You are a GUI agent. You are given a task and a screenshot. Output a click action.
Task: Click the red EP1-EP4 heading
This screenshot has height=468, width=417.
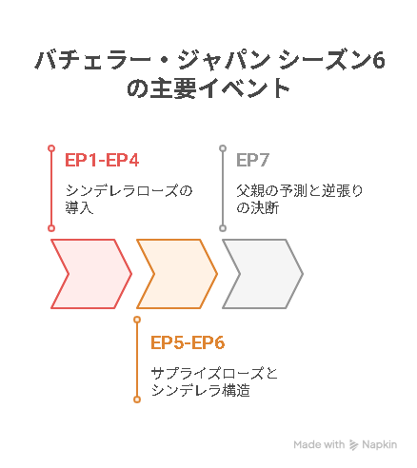click(x=102, y=160)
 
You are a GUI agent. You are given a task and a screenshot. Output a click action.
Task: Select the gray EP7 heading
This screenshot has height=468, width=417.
click(x=253, y=160)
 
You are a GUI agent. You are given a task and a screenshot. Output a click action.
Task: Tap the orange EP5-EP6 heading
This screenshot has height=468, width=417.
click(x=188, y=342)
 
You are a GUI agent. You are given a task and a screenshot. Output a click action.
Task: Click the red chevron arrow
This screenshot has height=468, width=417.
click(x=91, y=274)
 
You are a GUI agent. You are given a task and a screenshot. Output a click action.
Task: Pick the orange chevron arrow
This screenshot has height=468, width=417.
click(x=177, y=274)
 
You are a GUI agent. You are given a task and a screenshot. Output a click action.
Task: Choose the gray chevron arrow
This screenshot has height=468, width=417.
click(x=263, y=274)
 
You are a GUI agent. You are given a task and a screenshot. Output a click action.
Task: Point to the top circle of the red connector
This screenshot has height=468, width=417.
click(x=51, y=148)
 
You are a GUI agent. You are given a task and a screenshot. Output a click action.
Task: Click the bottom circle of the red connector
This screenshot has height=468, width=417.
click(x=51, y=228)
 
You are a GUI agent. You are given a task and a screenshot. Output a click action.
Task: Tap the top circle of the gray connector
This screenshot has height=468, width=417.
click(x=223, y=148)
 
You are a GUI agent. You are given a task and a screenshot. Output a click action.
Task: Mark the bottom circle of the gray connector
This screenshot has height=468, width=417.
click(x=223, y=228)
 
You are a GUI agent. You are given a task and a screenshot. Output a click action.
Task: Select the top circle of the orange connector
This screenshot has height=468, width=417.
click(x=137, y=320)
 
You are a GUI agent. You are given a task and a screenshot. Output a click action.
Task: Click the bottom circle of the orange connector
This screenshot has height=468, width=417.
click(x=137, y=400)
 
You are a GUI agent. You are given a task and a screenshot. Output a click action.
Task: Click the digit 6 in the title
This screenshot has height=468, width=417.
click(x=379, y=60)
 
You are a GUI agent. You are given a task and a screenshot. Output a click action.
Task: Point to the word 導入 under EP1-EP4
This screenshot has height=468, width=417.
click(x=79, y=208)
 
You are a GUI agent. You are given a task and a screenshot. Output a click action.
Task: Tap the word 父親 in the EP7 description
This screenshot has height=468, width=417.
click(x=250, y=191)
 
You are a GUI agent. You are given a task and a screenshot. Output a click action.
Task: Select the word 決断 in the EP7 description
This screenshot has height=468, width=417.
click(x=265, y=208)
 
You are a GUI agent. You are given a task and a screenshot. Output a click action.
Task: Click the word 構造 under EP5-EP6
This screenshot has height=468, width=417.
click(x=236, y=391)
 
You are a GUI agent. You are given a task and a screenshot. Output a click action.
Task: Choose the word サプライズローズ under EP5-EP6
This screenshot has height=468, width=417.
click(x=207, y=374)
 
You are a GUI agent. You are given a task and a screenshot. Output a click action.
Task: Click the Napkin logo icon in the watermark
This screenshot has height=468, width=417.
click(x=353, y=445)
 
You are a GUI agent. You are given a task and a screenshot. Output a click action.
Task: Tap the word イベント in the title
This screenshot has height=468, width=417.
click(x=244, y=89)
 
